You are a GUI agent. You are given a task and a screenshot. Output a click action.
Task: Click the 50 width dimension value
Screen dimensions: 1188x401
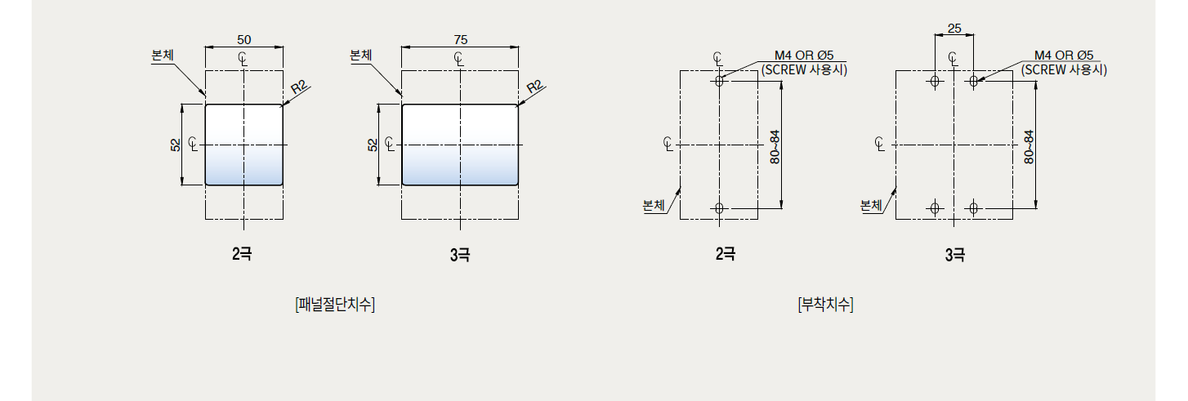tap(244, 40)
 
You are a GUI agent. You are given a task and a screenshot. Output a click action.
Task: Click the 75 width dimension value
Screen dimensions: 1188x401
tap(461, 40)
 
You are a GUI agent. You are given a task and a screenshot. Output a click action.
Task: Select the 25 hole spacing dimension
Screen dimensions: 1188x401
tap(954, 29)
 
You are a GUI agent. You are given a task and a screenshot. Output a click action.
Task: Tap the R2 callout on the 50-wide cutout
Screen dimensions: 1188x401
tap(299, 87)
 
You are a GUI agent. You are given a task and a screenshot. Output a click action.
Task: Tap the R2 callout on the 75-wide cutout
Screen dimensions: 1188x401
tap(534, 87)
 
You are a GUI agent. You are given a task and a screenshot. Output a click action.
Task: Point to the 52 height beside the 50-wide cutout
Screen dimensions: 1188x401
tap(176, 145)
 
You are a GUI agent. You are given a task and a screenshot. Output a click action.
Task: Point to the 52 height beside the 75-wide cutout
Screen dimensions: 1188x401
tap(373, 145)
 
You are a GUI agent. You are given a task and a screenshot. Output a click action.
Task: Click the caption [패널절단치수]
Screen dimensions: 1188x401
tap(335, 305)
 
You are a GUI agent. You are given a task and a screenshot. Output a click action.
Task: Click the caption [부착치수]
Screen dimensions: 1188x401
tap(826, 305)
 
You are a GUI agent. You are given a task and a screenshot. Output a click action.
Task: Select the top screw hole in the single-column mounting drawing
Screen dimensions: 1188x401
tap(719, 81)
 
